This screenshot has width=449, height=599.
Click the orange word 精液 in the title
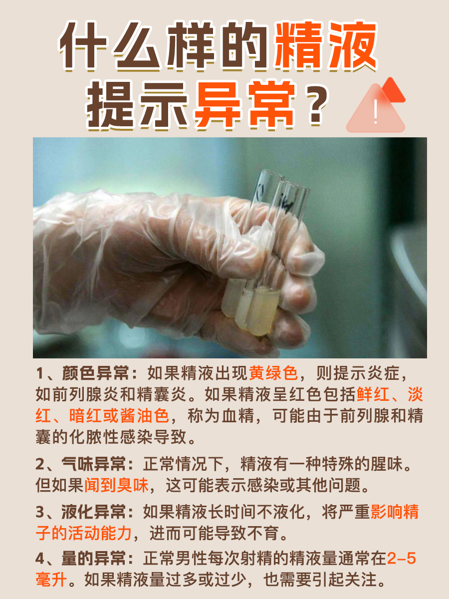click(x=326, y=45)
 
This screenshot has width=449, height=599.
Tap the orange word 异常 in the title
click(x=245, y=105)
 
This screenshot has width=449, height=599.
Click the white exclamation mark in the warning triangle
click(x=376, y=112)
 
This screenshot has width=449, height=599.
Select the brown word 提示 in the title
click(x=138, y=105)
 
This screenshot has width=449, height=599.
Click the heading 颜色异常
click(x=95, y=373)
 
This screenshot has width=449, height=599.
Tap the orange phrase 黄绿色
click(x=273, y=373)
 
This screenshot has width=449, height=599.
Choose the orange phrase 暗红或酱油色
click(x=119, y=416)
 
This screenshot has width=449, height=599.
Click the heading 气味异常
click(x=93, y=464)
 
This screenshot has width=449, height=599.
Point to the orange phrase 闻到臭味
click(x=116, y=485)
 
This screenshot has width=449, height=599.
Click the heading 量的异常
click(x=93, y=559)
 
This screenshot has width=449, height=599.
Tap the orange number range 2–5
click(x=402, y=559)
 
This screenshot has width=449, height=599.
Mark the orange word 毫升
click(x=51, y=580)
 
